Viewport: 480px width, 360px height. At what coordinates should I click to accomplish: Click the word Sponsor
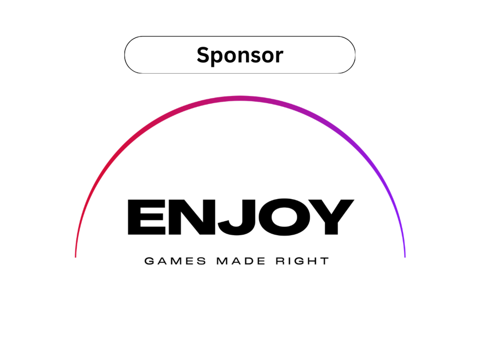tap(240, 55)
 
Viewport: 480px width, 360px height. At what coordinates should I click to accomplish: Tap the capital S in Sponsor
tap(202, 55)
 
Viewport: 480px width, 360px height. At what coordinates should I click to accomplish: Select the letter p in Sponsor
tap(215, 57)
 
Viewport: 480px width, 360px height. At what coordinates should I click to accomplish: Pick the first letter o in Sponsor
tap(227, 56)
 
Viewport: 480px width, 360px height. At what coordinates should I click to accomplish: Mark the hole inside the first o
tap(227, 56)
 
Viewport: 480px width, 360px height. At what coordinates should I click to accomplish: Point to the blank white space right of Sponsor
tap(319, 55)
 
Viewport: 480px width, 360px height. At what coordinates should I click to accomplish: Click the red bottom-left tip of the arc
tap(75, 255)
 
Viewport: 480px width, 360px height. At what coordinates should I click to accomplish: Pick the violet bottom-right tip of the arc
tap(405, 255)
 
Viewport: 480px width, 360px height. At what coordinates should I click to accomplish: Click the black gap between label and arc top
tap(240, 84)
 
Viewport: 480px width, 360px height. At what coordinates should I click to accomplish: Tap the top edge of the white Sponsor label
tap(240, 38)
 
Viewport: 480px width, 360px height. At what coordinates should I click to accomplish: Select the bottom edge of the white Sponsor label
tap(240, 72)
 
